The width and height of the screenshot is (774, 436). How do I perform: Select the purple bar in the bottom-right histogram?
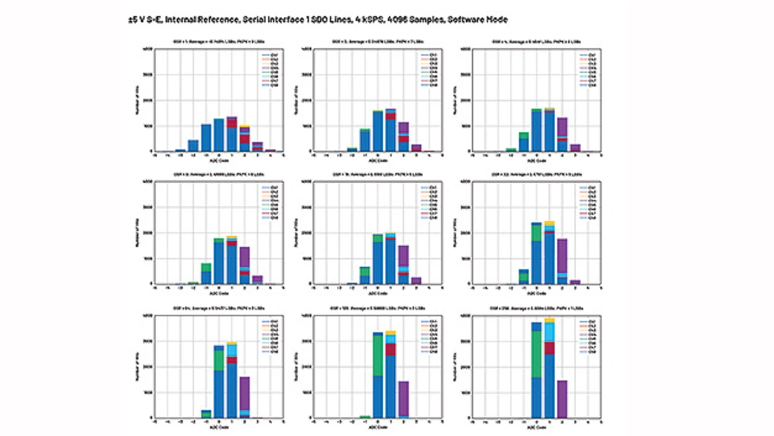pos(562,399)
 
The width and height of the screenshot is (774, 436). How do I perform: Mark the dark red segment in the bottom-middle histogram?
pos(391,350)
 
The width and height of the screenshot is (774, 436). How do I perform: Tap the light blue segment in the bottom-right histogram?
pos(549,332)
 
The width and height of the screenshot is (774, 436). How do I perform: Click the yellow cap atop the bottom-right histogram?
pos(549,320)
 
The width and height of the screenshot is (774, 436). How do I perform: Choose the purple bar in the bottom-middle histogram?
pos(403,399)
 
